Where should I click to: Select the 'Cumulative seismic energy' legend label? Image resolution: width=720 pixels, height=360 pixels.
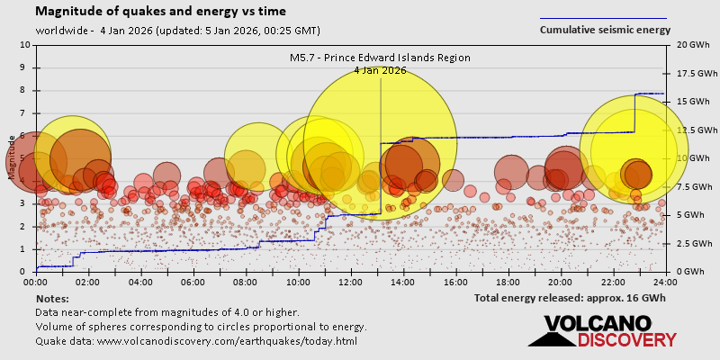click(x=605, y=30)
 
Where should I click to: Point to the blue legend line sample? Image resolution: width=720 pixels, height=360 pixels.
click(x=603, y=18)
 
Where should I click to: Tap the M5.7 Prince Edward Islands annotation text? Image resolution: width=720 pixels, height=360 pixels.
click(x=380, y=58)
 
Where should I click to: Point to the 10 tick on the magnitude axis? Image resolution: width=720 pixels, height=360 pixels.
click(x=24, y=44)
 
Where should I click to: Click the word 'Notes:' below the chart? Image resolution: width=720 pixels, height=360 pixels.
click(x=52, y=298)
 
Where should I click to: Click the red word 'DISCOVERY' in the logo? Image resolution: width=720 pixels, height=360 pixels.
click(x=626, y=340)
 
